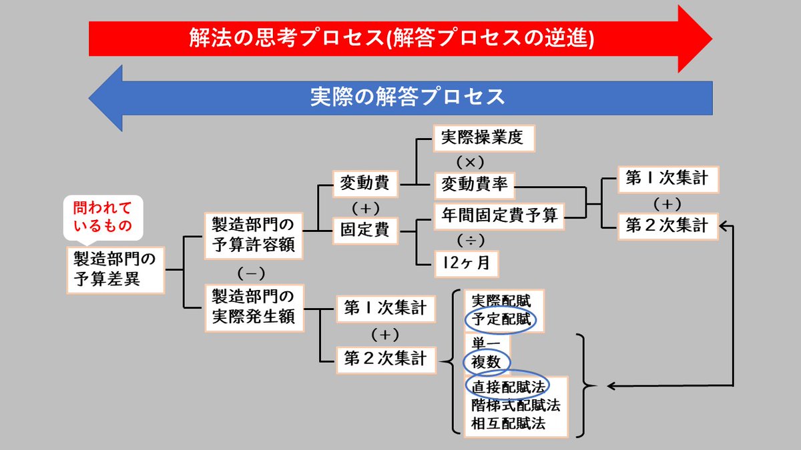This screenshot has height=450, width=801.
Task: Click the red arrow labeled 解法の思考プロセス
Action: coord(390,39)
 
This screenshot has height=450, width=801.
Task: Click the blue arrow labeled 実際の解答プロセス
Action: coord(407,97)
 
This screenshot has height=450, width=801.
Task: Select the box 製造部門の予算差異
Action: coord(115,269)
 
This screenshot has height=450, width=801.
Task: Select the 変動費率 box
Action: coord(475,185)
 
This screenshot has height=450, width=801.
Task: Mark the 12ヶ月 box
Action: coord(465,262)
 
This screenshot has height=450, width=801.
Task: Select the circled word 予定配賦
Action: coord(501,320)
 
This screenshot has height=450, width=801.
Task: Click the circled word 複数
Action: coord(487,362)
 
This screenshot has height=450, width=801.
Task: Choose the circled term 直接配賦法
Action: coord(507,386)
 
